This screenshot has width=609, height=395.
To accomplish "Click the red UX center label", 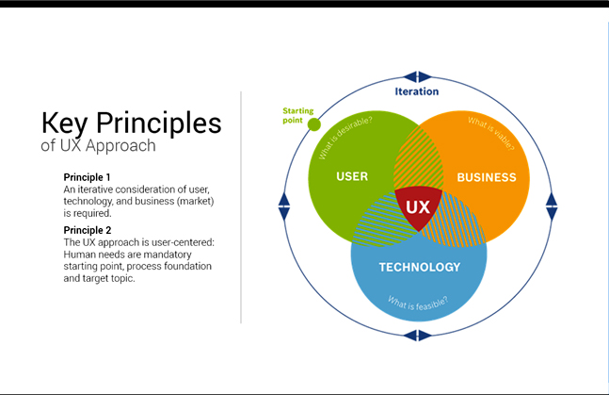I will click(418, 206).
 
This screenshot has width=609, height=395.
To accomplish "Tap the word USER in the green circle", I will click(351, 176).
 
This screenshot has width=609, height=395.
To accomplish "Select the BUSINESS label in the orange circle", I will click(486, 177).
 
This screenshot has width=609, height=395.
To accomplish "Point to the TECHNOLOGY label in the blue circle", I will click(419, 267).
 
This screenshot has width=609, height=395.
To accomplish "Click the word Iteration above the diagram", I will click(416, 92).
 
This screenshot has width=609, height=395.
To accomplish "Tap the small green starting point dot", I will click(314, 124).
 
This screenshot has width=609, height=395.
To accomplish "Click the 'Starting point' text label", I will click(298, 115).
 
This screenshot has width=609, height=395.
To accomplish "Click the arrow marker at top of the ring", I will click(417, 76).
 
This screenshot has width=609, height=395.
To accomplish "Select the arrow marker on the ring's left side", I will click(284, 202).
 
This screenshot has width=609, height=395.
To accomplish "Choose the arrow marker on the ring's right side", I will click(552, 202).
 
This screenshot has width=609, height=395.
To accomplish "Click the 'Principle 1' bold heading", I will click(88, 177).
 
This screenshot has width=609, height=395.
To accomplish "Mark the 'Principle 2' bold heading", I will click(88, 230).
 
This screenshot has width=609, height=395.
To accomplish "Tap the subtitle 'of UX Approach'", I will click(98, 147).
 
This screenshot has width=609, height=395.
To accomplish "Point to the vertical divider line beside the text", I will click(241, 207).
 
